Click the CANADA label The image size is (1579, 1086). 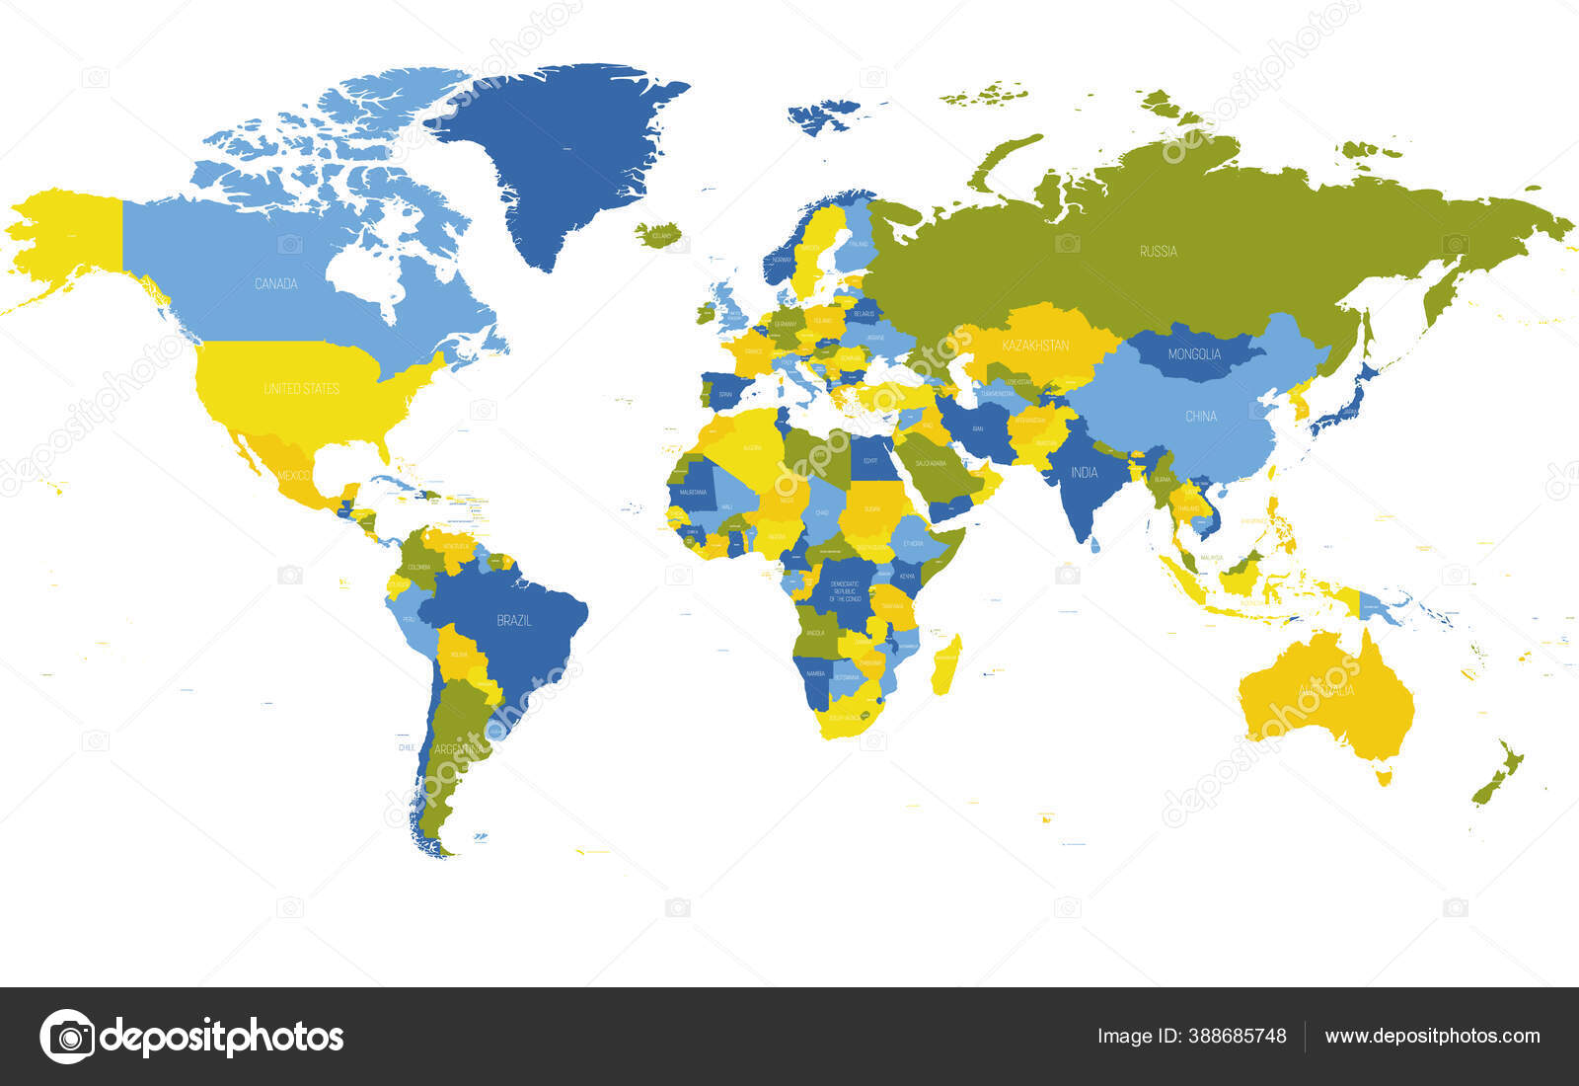[x=275, y=284]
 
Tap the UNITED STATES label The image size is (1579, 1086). [x=301, y=389]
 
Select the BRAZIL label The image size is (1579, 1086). [x=514, y=621]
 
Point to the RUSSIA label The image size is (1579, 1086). [x=1158, y=252]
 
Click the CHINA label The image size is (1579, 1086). [x=1200, y=417]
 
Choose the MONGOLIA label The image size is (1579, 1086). [x=1194, y=354]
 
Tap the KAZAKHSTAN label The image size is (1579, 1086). [x=1035, y=346]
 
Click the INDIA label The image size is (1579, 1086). [x=1084, y=473]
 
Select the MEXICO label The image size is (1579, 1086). [x=294, y=476]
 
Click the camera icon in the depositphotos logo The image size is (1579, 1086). [x=68, y=1037]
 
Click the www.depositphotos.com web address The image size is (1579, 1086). [x=1432, y=1037]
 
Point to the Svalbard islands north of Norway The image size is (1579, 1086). [x=824, y=113]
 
